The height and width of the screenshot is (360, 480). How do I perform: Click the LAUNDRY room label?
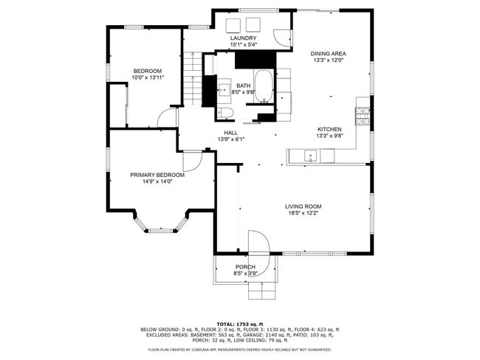point(243,38)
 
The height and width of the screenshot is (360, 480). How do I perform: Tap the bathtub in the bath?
point(264,86)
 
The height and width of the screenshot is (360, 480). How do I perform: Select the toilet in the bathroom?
point(225,113)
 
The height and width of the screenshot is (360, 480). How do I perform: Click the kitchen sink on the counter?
point(310,156)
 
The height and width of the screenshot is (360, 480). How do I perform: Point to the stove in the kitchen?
point(363,117)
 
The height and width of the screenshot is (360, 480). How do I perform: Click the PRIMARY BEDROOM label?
point(157,176)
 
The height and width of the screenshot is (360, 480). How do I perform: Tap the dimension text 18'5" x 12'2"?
point(303,213)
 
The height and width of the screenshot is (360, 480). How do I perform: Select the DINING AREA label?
point(328,54)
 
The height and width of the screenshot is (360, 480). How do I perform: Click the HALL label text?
point(230,133)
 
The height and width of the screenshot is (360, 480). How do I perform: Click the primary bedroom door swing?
point(193,161)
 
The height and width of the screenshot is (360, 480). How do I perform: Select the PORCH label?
point(245,267)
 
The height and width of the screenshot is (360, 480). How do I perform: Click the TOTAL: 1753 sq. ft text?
point(240,324)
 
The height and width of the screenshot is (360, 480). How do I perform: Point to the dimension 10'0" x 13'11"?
point(148,77)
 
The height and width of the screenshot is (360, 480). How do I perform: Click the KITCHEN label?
point(329,129)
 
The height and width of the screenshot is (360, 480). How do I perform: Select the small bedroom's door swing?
point(167,118)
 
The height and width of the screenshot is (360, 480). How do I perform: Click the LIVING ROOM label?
point(303,207)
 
